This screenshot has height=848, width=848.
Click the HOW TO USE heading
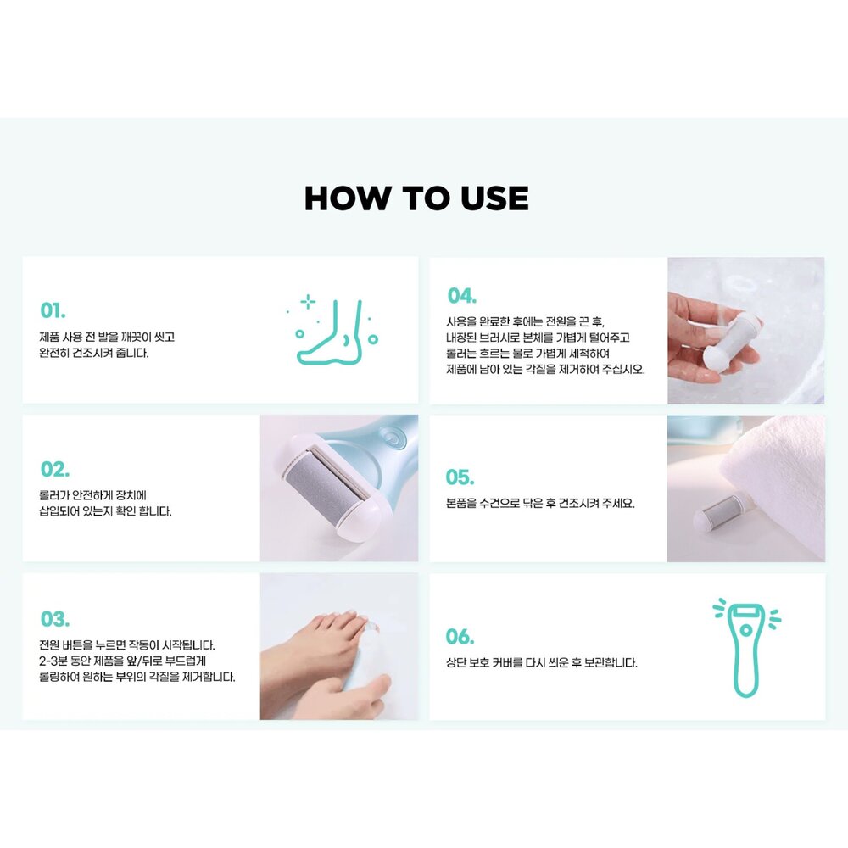pyautogui.click(x=416, y=198)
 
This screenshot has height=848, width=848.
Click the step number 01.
pyautogui.click(x=53, y=311)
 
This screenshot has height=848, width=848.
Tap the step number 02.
pyautogui.click(x=54, y=469)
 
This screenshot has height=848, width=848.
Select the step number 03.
pyautogui.click(x=54, y=619)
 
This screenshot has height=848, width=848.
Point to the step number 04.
pyautogui.click(x=462, y=296)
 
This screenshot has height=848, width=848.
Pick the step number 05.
pyautogui.click(x=460, y=477)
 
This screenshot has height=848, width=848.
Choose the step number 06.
pyautogui.click(x=460, y=637)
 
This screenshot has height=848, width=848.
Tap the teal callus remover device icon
pyautogui.click(x=746, y=649)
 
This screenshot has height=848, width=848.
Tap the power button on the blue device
pyautogui.click(x=390, y=437)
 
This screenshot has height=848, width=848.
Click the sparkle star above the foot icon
pyautogui.click(x=308, y=302)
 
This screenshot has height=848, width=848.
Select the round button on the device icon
pyautogui.click(x=746, y=630)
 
